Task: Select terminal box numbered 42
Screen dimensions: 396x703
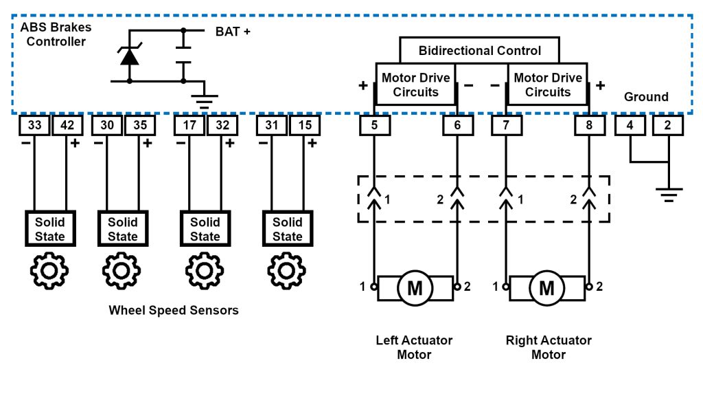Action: coord(68,126)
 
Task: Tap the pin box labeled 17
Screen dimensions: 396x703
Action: coord(189,126)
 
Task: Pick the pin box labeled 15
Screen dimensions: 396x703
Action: coord(304,126)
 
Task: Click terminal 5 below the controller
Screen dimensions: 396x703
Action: coord(374,126)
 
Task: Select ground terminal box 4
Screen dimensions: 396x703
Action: coord(630,126)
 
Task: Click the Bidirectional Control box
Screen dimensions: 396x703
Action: coord(480,51)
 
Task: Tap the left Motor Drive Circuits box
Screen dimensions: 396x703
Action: coord(415,85)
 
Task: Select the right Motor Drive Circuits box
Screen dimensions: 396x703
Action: coord(547,85)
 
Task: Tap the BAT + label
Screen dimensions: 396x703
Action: coord(233,32)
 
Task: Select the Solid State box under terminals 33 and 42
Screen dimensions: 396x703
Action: coord(50,229)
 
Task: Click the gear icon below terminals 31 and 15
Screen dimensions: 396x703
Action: coord(286,272)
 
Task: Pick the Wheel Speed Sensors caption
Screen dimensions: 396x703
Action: coord(174,310)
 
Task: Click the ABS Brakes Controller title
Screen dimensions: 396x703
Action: coord(55,34)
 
